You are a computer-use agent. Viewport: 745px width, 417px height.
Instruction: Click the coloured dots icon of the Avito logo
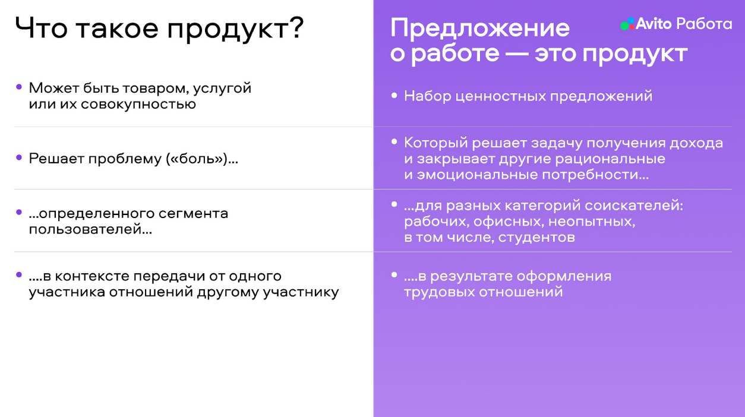[628, 24]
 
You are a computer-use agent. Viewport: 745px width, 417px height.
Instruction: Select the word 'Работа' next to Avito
[705, 24]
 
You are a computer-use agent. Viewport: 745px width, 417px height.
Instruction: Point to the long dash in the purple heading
[517, 54]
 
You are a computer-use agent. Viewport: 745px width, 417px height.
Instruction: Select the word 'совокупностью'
[138, 105]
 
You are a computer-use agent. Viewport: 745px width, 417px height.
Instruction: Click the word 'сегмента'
[193, 214]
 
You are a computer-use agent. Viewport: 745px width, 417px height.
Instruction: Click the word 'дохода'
[696, 143]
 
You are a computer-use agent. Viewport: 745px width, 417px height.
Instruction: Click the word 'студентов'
[536, 238]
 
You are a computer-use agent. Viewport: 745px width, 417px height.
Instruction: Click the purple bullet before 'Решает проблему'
[19, 157]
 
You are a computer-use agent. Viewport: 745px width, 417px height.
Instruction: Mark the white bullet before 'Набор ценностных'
[394, 96]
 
